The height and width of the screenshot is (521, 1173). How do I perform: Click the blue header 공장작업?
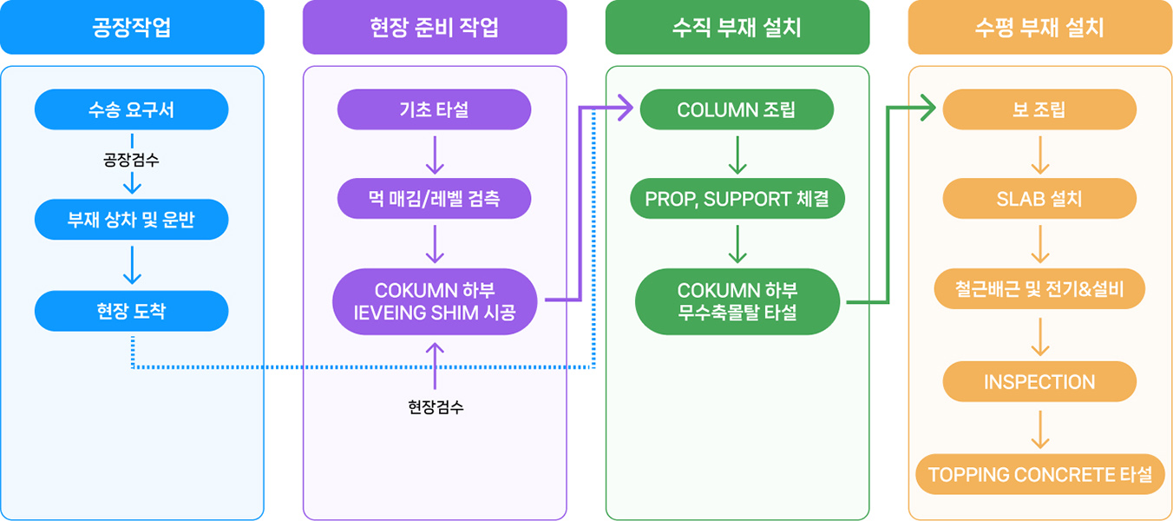132,27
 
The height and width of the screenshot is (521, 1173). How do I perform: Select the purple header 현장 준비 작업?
435,27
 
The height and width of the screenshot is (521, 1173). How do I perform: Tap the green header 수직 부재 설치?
737,27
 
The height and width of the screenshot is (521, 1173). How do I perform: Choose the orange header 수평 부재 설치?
1039,27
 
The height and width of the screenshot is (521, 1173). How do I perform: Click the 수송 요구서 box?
132,110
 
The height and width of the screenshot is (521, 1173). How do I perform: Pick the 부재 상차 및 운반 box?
132,220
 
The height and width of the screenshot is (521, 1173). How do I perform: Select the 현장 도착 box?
132,311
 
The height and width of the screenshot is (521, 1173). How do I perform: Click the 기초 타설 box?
435,110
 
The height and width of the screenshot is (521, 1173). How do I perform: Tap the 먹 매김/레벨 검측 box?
435,199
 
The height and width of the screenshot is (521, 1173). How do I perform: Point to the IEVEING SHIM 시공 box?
435,301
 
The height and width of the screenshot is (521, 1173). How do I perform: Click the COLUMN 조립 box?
737,110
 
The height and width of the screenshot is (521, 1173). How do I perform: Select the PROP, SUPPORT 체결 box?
737,199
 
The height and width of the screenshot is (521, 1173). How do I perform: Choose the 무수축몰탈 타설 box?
737,301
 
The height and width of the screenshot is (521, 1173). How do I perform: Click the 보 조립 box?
1039,110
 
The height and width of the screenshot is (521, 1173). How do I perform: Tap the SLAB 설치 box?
1039,199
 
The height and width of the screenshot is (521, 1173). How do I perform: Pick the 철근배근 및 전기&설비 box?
1039,289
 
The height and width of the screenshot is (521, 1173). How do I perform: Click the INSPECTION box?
1039,382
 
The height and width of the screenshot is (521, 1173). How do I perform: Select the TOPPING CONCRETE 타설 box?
1039,474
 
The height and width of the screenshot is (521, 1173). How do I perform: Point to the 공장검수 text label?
132,160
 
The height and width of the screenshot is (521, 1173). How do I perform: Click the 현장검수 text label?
436,406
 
